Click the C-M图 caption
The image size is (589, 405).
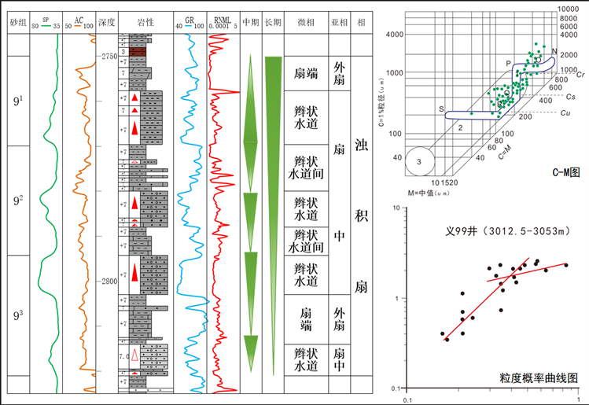click(566, 171)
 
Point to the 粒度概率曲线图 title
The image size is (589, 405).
click(538, 378)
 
